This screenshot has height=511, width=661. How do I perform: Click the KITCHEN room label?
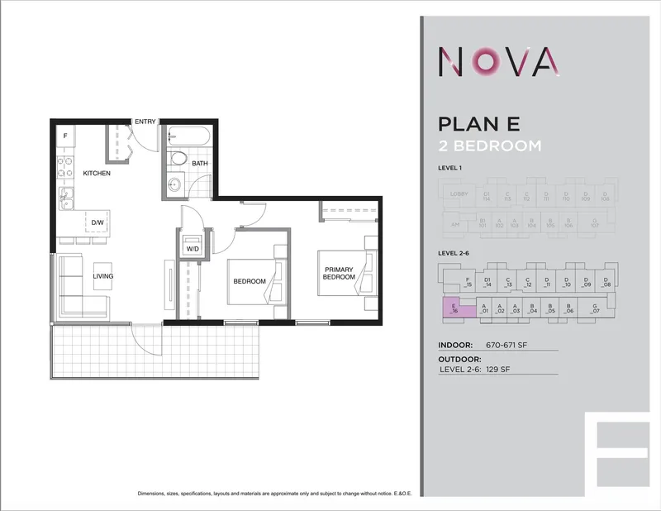pos(96,174)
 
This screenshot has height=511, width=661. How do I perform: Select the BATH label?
pos(200,164)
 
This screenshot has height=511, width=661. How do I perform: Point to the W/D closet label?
pos(193,247)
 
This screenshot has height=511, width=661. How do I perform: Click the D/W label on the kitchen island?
pos(97,223)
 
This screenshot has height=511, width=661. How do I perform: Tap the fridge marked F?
pos(64,135)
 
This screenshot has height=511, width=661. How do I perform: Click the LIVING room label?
pos(102,276)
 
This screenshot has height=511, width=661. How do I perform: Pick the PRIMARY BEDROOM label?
pos(339,274)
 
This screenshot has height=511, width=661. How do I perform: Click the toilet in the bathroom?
pos(176,159)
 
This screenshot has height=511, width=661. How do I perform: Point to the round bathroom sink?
pos(174,185)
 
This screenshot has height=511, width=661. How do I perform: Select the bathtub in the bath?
pos(189,134)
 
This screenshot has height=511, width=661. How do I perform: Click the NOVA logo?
pos(499,61)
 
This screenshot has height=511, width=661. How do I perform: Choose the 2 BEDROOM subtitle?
pos(490,146)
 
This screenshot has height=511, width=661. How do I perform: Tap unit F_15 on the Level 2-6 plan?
pos(468,282)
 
